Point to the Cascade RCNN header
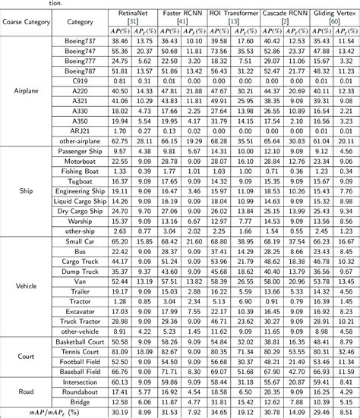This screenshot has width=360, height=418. [x=283, y=13]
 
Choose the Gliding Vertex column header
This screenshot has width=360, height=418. [x=330, y=13]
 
